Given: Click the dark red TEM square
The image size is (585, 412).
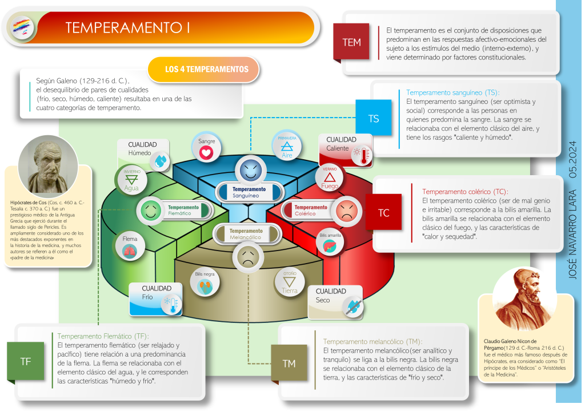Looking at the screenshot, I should click(x=351, y=42).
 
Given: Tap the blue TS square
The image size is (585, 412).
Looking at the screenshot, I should click(x=373, y=119).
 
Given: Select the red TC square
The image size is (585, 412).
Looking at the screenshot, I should click(x=383, y=212).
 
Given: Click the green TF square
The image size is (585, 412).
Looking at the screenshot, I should click(x=26, y=361).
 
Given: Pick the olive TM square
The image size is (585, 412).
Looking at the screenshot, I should click(x=289, y=363).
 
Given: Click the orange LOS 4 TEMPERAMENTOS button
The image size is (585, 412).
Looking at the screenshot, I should click(x=204, y=70).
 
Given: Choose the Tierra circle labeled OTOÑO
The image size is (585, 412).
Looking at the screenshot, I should click(x=290, y=283).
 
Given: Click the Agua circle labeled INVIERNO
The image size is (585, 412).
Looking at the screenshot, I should click(x=131, y=180).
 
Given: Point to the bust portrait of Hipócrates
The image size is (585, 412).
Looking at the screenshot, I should click(x=49, y=166).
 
